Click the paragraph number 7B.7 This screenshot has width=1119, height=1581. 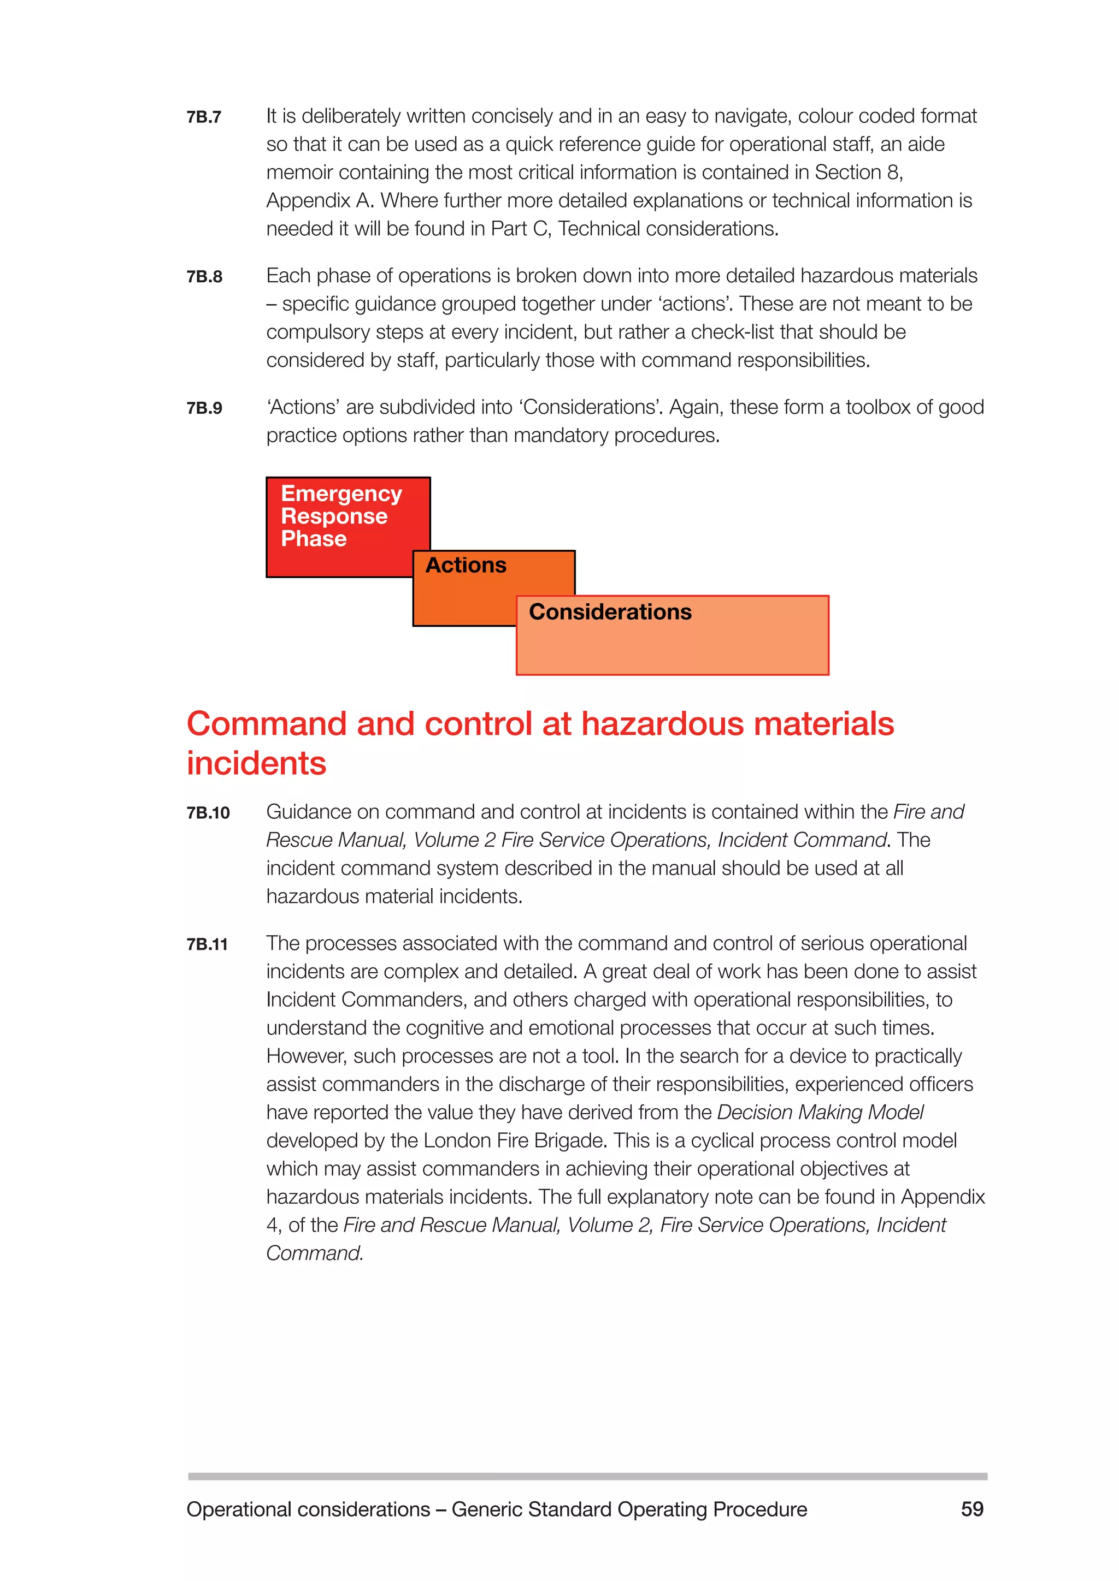tap(204, 117)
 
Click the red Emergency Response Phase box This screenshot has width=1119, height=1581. tap(341, 516)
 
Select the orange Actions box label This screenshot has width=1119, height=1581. tap(466, 566)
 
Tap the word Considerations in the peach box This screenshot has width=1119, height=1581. tap(610, 612)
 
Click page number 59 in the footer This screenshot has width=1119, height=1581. tap(972, 1509)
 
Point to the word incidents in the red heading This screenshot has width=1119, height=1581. tap(256, 764)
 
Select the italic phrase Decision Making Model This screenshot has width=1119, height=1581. tap(820, 1112)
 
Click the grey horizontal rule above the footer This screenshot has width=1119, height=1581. tap(587, 1476)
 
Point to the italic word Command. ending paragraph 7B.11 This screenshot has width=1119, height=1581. tap(314, 1253)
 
